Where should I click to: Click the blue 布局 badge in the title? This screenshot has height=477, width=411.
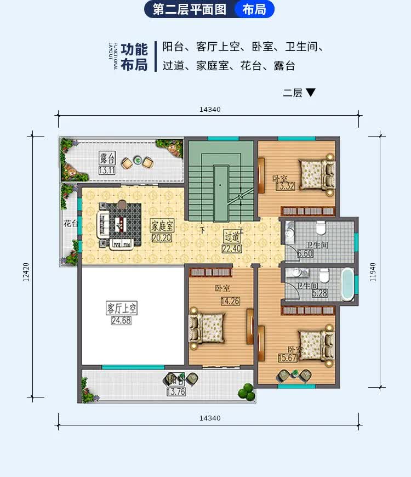[x=254, y=9]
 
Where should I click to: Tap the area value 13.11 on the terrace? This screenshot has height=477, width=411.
[x=107, y=171]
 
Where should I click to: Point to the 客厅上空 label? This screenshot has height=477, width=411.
[x=122, y=309]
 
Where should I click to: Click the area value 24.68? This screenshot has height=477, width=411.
[x=122, y=320]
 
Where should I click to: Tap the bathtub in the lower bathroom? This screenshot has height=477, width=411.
[x=347, y=284]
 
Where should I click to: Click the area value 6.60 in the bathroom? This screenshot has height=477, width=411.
[x=306, y=254]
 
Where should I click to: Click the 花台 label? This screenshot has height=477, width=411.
[x=70, y=224]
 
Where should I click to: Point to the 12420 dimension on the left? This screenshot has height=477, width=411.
[x=26, y=271]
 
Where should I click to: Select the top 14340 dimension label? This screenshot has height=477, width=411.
[x=210, y=109]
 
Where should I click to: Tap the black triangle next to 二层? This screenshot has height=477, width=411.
[x=311, y=93]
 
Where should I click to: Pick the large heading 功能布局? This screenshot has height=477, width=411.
[x=134, y=56]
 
